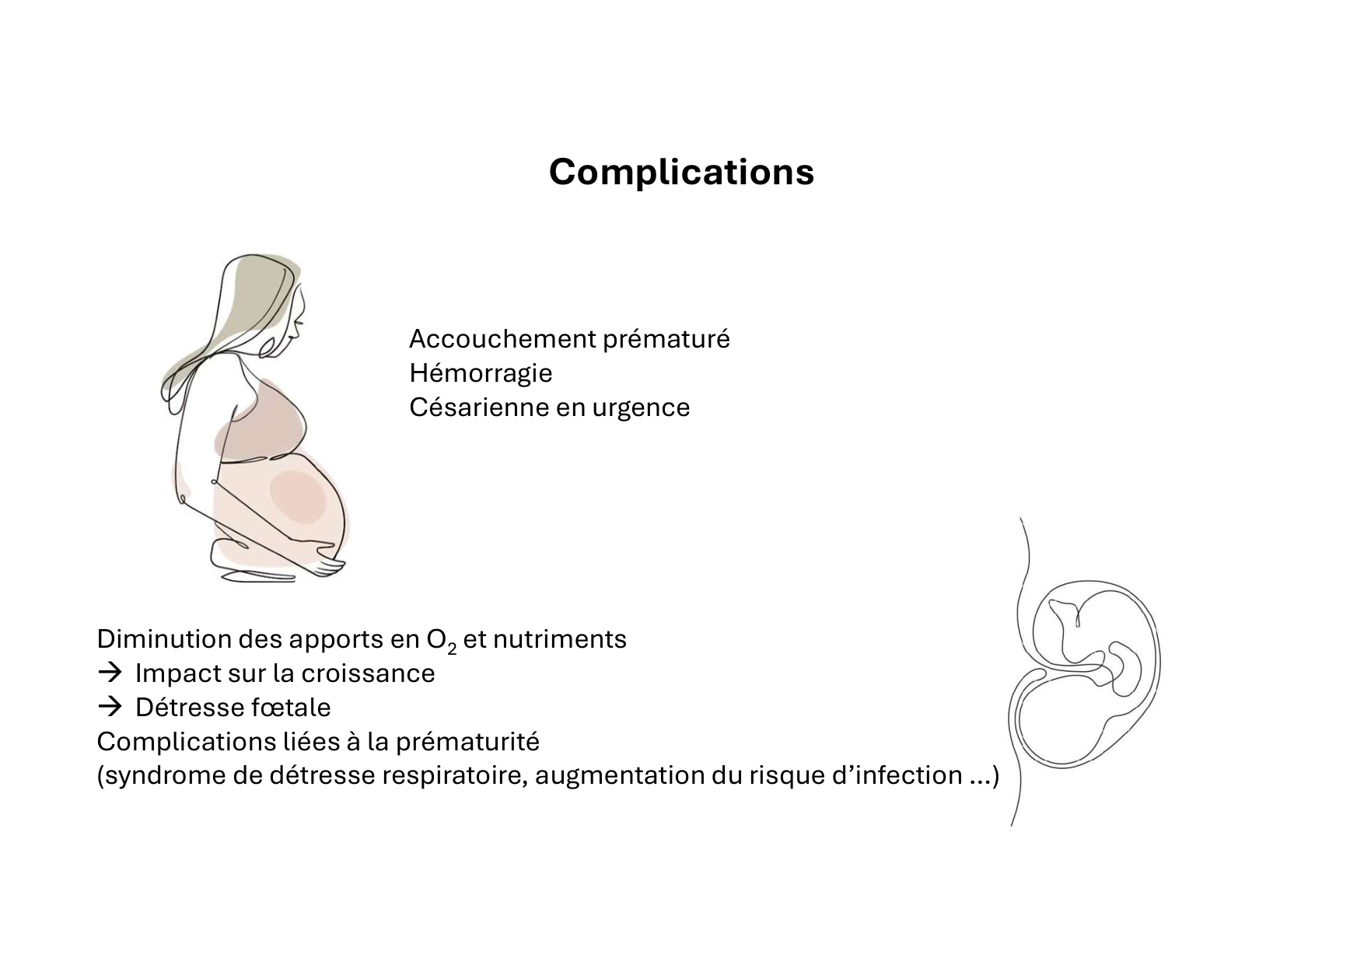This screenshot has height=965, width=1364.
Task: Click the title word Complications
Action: pos(681,172)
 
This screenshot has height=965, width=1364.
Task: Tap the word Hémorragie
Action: pos(481,373)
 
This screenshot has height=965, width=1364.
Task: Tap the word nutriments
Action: pos(559,639)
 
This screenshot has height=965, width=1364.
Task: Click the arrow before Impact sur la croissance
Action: pos(110,673)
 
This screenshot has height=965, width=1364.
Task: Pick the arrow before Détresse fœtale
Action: pos(110,707)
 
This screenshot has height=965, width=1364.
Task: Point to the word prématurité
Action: pos(467,742)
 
